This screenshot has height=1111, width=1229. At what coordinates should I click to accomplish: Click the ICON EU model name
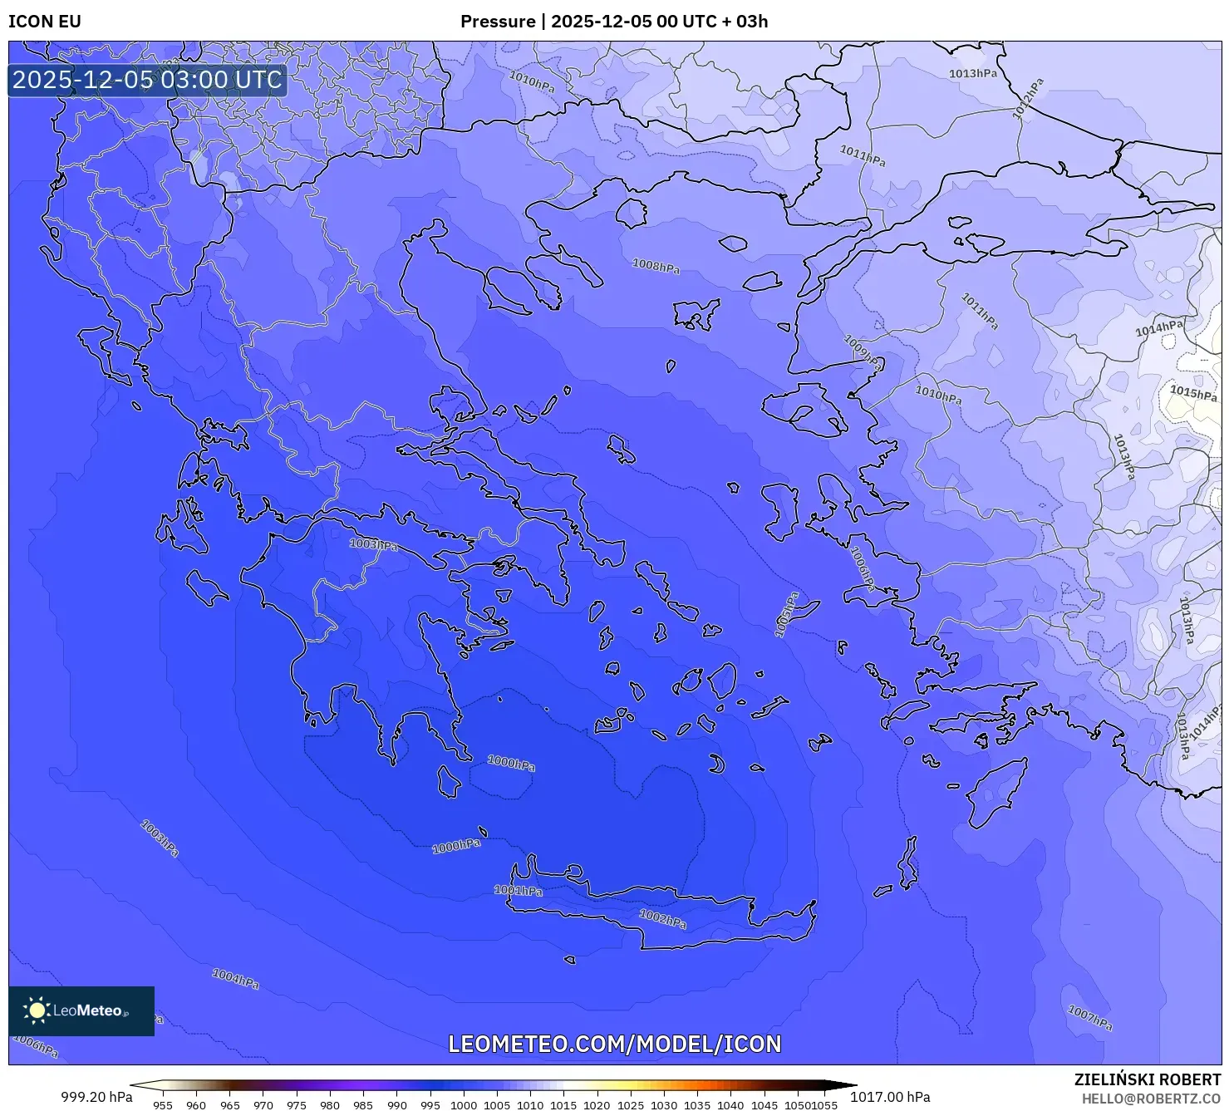(x=45, y=22)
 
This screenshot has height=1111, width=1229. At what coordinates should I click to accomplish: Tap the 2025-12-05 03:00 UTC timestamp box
(x=148, y=80)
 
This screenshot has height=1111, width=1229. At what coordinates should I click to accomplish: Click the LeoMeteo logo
(x=81, y=1010)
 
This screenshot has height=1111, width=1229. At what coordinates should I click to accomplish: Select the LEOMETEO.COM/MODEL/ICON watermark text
(x=615, y=1044)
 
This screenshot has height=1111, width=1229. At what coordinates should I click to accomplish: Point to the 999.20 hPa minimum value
(x=96, y=1097)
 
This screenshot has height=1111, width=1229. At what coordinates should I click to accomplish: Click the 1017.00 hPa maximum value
(x=890, y=1097)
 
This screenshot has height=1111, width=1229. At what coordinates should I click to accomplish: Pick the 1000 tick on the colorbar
(x=464, y=1105)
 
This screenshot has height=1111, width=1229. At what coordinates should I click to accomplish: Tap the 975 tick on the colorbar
(x=297, y=1105)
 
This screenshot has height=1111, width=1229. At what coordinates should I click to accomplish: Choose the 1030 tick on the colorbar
(x=664, y=1105)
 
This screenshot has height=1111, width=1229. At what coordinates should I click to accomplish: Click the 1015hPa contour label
(x=1193, y=391)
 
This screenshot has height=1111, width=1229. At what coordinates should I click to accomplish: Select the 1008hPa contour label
(x=656, y=266)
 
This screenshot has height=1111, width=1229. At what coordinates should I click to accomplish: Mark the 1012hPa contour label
(x=1028, y=99)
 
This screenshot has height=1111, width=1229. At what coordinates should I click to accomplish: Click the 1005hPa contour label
(x=786, y=615)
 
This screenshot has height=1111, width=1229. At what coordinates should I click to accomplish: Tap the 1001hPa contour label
(x=519, y=891)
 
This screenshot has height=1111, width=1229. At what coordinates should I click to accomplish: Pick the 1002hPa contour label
(x=663, y=919)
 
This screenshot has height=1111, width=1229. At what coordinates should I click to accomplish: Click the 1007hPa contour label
(x=1089, y=1017)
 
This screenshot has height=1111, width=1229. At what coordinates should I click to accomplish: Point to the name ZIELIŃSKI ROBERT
(x=1148, y=1079)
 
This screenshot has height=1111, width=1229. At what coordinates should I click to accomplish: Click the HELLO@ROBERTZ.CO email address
(x=1151, y=1098)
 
